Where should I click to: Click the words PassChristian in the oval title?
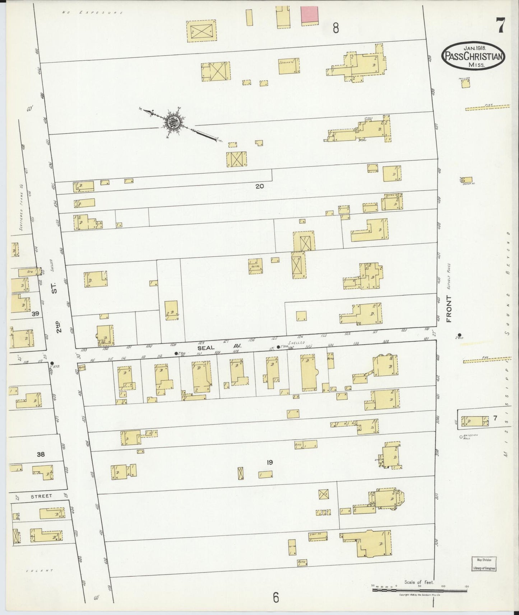click(473, 56)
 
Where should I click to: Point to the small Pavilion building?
click(466, 83)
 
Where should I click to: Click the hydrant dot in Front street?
click(459, 335)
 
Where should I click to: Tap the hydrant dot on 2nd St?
click(52, 363)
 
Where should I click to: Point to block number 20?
click(259, 186)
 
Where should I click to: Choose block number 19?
click(269, 463)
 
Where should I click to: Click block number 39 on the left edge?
click(35, 314)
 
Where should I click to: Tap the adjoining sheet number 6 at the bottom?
click(275, 597)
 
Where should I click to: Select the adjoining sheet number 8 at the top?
click(335, 28)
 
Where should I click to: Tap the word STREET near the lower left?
click(41, 496)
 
